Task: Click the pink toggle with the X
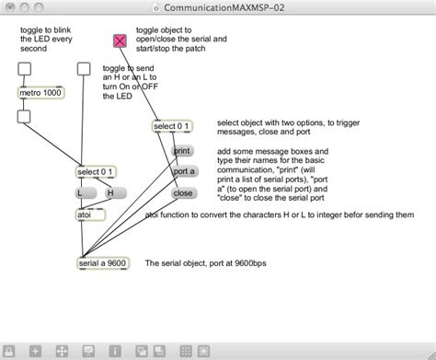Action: (120, 41)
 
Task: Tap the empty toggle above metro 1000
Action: (25, 69)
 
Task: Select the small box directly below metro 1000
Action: (25, 116)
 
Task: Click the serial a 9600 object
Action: (103, 262)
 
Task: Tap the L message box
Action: (83, 193)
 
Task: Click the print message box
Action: (182, 149)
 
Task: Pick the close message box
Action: (183, 193)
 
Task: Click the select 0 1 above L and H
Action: (96, 171)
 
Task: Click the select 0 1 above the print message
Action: (172, 126)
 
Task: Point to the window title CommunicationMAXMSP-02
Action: (218, 7)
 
